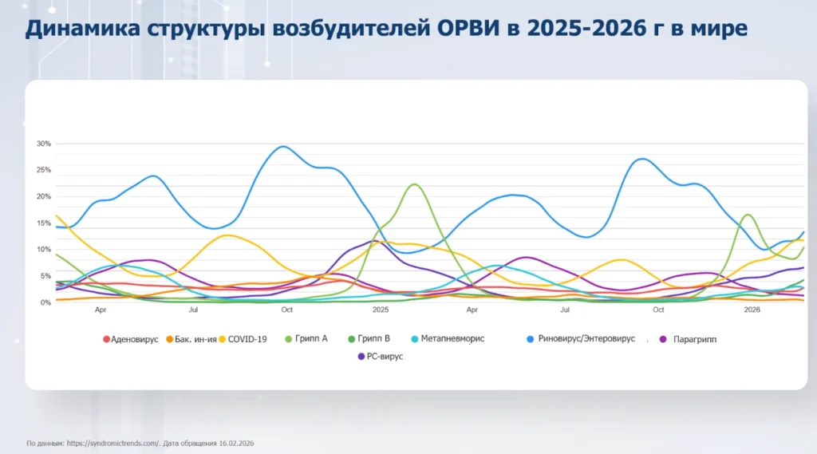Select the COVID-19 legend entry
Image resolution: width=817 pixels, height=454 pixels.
[247, 339]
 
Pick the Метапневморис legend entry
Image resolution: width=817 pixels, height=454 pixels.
[452, 339]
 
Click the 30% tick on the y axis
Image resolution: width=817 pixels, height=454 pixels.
[43, 144]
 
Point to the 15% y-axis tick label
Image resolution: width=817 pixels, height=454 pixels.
[43, 223]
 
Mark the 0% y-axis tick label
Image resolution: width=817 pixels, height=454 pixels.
[45, 302]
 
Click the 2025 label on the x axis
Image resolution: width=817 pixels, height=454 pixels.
[380, 310]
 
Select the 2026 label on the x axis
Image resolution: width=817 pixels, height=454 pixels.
[752, 310]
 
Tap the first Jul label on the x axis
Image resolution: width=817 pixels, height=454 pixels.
[193, 310]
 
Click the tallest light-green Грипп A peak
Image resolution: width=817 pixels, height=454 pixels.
[413, 184]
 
